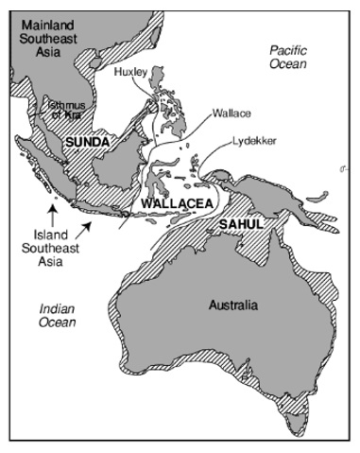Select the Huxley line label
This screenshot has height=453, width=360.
coord(131,72)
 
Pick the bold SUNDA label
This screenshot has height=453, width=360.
coord(86,141)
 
